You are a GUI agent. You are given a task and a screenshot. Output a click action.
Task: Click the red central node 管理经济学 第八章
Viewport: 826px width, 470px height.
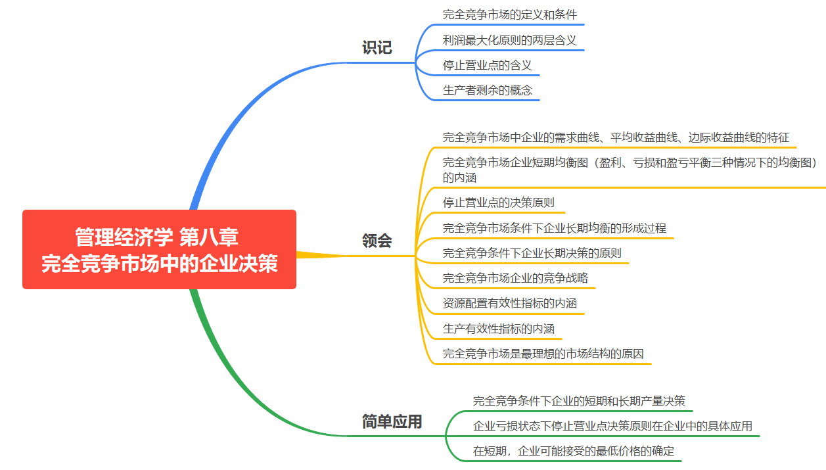[159, 250]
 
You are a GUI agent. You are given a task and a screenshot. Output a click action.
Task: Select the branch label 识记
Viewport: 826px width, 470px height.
[377, 47]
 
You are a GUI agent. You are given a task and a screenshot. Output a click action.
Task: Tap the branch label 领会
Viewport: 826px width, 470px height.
[377, 241]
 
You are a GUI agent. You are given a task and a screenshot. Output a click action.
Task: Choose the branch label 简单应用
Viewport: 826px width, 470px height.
[392, 421]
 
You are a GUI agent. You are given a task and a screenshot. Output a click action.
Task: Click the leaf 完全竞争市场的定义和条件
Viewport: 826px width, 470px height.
[510, 14]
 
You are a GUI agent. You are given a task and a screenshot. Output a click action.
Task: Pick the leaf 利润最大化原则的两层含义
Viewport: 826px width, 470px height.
[509, 40]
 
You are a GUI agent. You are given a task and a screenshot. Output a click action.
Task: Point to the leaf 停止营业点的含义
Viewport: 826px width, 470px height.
[487, 65]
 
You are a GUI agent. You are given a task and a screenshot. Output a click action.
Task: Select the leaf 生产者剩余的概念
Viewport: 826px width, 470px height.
[488, 90]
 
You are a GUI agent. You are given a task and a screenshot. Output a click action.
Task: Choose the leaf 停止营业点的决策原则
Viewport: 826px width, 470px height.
[499, 202]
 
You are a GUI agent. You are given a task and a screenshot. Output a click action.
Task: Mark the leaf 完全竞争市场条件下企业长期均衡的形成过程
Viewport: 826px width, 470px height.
[554, 228]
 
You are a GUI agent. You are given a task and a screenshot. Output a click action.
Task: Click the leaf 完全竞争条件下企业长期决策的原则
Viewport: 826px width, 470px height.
[532, 253]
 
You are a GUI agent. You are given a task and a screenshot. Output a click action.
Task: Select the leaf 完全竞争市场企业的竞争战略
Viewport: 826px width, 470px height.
[515, 278]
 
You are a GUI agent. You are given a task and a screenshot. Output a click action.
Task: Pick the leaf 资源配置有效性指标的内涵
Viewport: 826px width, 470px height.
[509, 304]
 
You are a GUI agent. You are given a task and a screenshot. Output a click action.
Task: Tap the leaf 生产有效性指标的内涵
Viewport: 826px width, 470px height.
[498, 329]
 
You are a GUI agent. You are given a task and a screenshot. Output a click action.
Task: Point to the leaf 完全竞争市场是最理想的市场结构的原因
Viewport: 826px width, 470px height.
[543, 354]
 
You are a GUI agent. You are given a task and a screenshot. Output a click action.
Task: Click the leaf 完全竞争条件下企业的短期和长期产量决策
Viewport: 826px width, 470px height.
[579, 401]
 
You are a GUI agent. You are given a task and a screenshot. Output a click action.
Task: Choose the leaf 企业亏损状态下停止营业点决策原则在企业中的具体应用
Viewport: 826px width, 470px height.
[612, 426]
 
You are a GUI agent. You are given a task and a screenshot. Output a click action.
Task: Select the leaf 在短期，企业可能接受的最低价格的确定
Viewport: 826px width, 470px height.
[573, 451]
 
